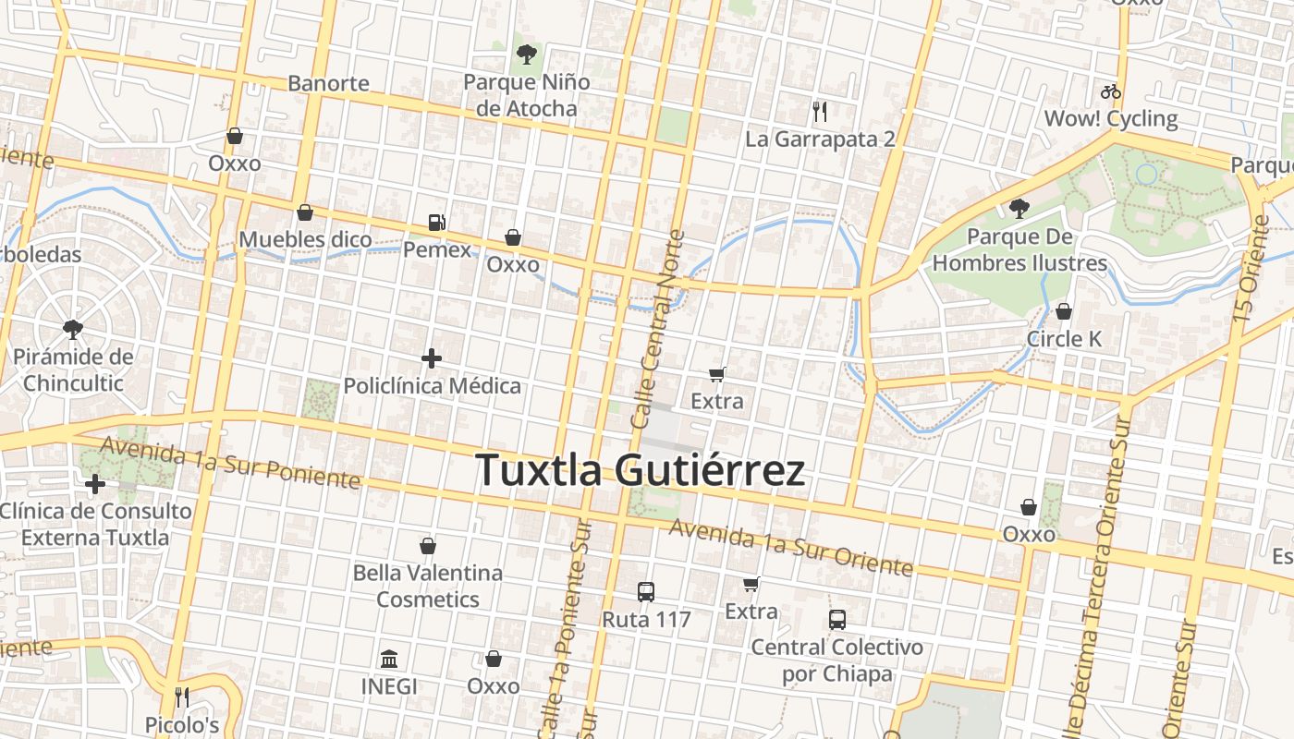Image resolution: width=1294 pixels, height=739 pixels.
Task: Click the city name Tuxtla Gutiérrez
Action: (x=640, y=470)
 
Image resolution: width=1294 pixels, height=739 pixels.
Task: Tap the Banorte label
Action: (x=328, y=83)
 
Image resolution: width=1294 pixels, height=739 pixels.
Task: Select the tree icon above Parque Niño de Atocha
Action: (x=526, y=54)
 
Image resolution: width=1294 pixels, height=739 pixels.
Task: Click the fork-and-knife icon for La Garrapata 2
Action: (x=820, y=112)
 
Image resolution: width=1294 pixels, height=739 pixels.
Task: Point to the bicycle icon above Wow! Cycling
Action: (x=1111, y=91)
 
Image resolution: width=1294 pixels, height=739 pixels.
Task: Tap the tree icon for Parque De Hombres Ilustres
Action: (x=1019, y=209)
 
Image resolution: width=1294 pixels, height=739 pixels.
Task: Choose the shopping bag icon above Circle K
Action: (x=1064, y=311)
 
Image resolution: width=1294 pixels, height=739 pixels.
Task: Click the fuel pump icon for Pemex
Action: (x=436, y=222)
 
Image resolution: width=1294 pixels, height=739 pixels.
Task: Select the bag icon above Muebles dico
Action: (x=305, y=212)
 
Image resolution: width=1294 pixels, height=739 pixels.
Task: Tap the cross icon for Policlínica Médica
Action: (x=432, y=358)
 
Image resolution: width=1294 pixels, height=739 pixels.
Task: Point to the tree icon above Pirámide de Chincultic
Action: (x=73, y=329)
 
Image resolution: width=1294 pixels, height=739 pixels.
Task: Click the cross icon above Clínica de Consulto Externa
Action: (x=95, y=483)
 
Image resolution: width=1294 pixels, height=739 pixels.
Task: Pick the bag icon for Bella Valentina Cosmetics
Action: (x=428, y=546)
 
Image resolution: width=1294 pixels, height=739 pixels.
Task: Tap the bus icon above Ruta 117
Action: (x=646, y=592)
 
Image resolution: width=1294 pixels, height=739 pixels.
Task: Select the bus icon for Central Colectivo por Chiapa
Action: (x=837, y=620)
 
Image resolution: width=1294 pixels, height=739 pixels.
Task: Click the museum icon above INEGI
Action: (x=389, y=660)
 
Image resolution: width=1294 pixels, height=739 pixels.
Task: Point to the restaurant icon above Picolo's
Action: (x=182, y=697)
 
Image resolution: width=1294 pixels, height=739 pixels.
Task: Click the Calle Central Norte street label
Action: (x=657, y=329)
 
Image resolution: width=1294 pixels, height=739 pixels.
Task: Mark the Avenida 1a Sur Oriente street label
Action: (x=791, y=547)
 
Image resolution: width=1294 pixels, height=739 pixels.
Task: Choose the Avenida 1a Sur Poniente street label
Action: (x=230, y=462)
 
